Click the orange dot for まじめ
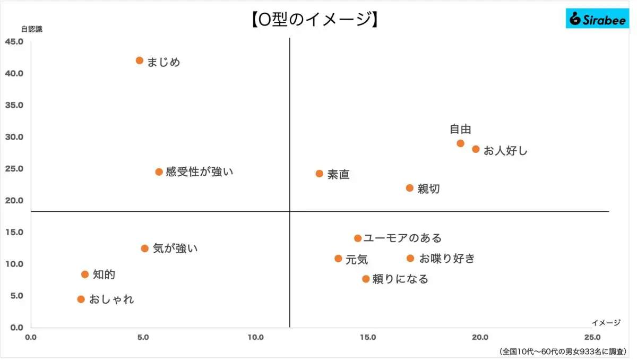tap(140, 61)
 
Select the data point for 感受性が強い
tap(159, 172)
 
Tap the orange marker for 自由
tap(460, 143)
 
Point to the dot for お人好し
tap(476, 149)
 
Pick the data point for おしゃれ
tap(81, 299)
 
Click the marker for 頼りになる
tap(366, 279)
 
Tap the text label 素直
tap(338, 175)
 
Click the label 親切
tap(428, 189)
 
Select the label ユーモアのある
tap(402, 238)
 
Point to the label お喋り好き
tap(447, 259)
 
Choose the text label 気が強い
tap(175, 248)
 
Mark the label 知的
tap(104, 275)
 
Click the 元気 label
tap(357, 260)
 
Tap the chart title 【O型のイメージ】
tap(313, 20)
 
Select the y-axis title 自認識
tap(31, 29)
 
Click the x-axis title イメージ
tap(606, 322)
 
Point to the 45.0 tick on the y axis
tap(14, 42)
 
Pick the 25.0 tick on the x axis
tap(592, 337)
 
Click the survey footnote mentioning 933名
tap(563, 352)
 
